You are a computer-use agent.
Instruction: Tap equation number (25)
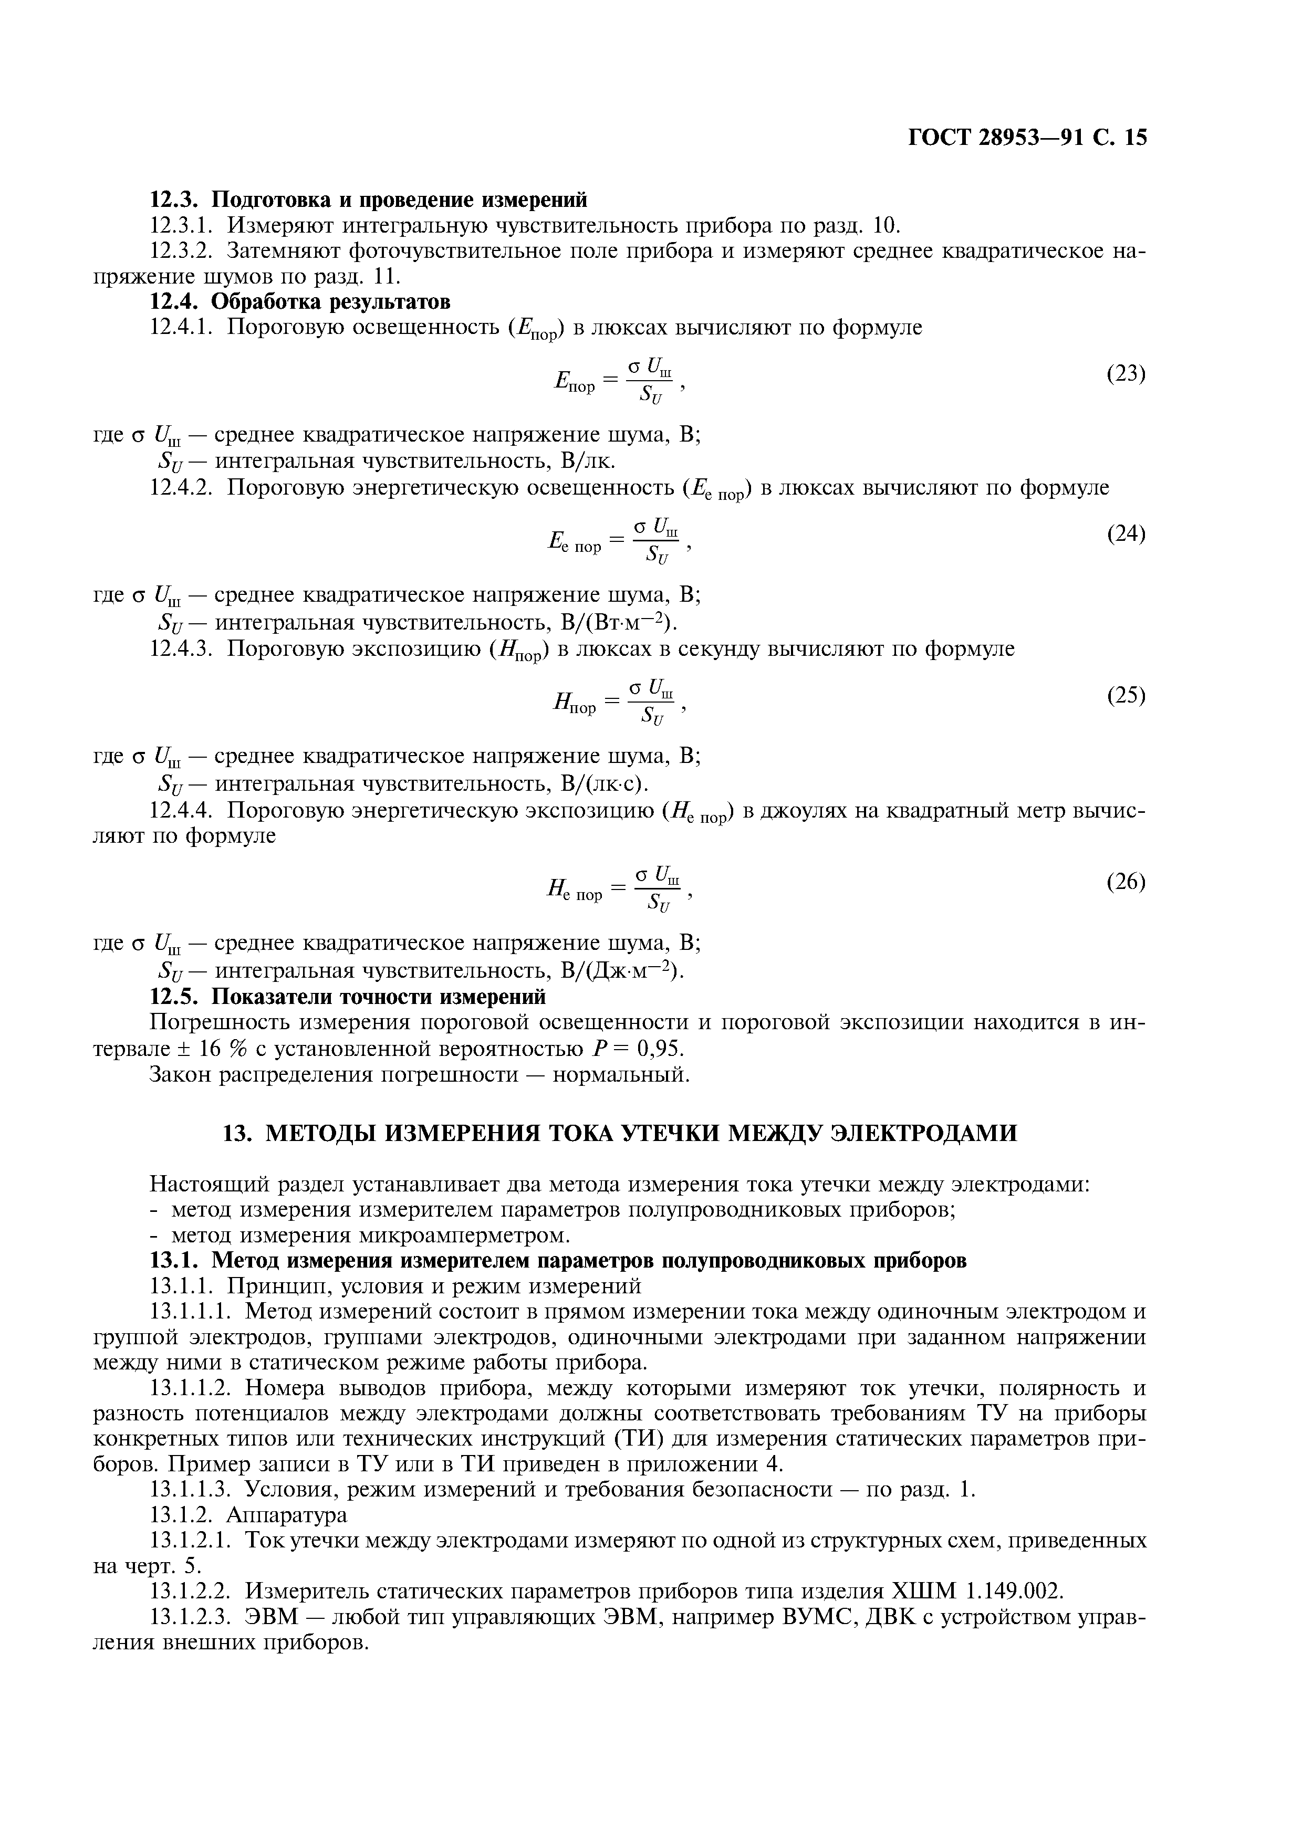(x=1126, y=695)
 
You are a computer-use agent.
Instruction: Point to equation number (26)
(x=1126, y=882)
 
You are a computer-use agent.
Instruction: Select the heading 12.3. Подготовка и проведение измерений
(x=369, y=199)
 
